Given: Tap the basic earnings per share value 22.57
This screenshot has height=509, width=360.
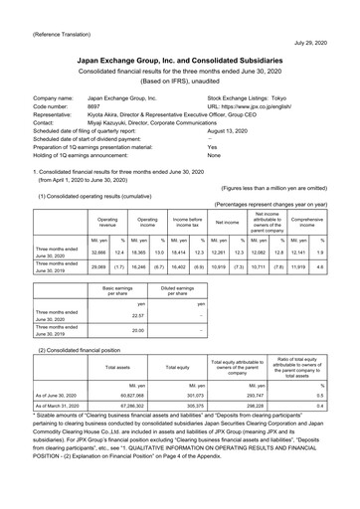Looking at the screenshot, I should click(138, 318).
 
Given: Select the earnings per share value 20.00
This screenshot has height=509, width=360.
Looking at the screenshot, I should click(138, 332).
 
